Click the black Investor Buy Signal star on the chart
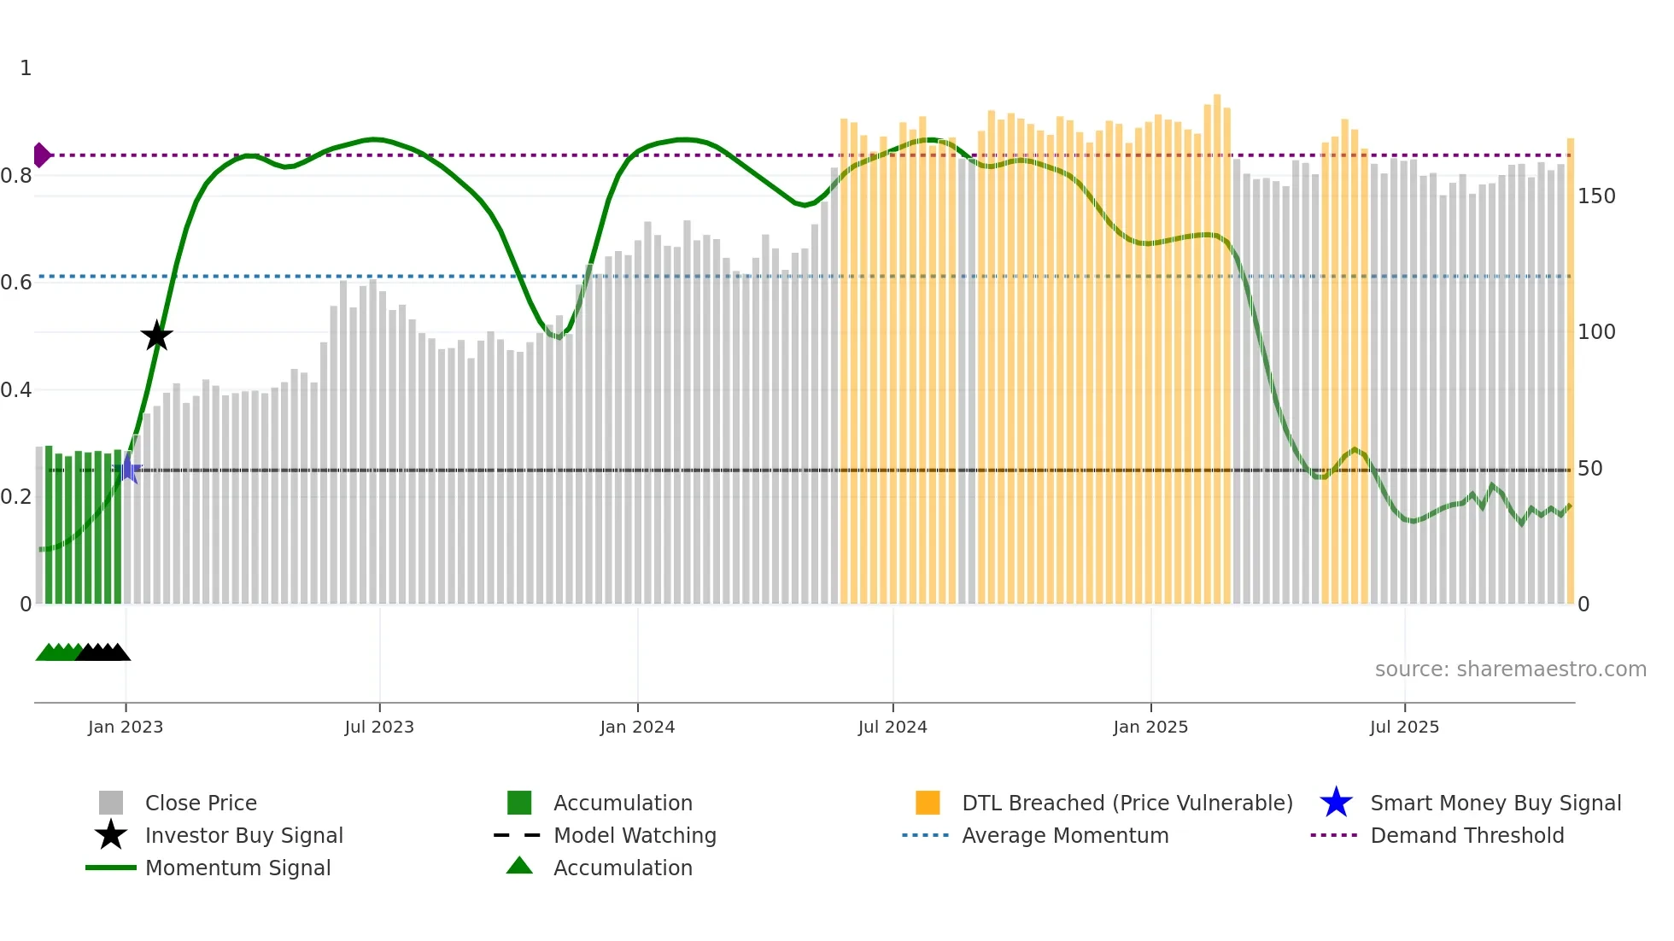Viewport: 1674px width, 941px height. (x=156, y=336)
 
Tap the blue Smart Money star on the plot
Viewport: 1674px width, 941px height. (x=129, y=469)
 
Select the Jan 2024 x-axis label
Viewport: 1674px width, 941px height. (x=637, y=727)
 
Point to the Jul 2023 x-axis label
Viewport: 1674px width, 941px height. (x=379, y=727)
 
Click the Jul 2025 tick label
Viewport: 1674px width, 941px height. (x=1404, y=727)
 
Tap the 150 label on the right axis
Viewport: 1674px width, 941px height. (x=1595, y=196)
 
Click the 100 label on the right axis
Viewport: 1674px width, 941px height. (x=1595, y=332)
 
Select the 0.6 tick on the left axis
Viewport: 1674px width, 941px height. (x=17, y=283)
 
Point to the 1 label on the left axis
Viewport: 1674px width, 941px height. (x=26, y=68)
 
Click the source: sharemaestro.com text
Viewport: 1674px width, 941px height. (x=1510, y=669)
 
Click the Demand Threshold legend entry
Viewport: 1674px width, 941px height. (x=1466, y=835)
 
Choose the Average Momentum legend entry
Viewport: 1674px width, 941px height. (x=1064, y=835)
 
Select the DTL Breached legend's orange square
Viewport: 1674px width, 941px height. (x=928, y=803)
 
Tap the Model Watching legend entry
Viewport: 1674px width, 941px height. (x=634, y=835)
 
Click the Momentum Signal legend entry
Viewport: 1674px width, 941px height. (x=237, y=868)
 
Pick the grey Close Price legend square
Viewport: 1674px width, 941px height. (x=111, y=803)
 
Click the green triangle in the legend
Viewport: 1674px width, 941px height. (x=519, y=866)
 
